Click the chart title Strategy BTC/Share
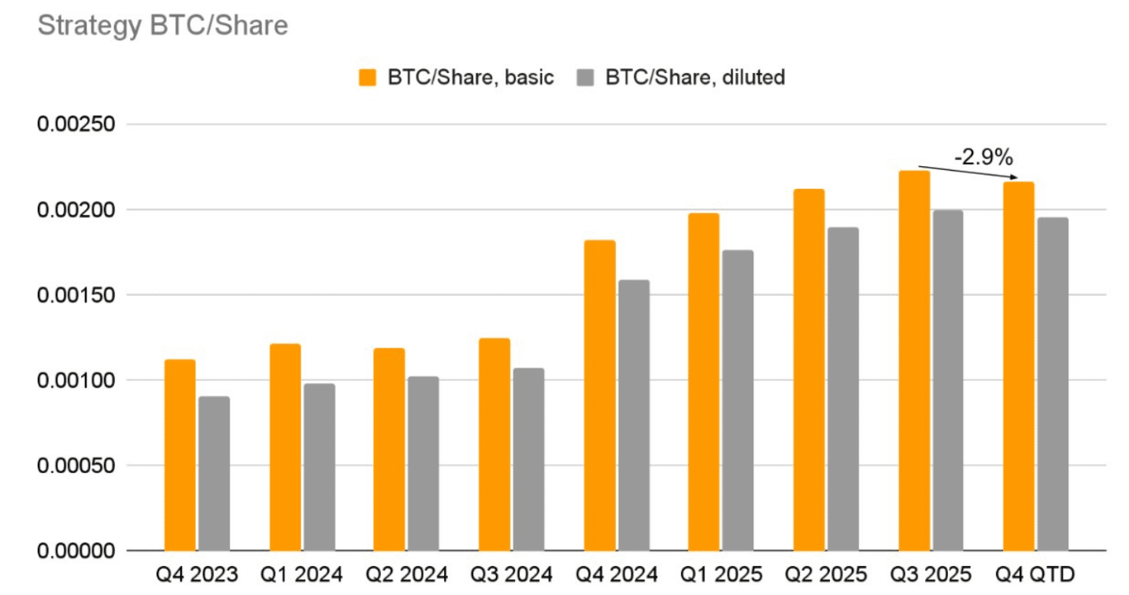163,26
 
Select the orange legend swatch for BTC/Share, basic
368,78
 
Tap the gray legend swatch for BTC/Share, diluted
586,78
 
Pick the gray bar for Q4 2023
214,473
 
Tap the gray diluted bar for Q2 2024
424,464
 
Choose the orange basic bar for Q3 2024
494,444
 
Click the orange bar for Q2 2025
809,370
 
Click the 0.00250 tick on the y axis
77,125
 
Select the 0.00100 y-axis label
77,380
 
